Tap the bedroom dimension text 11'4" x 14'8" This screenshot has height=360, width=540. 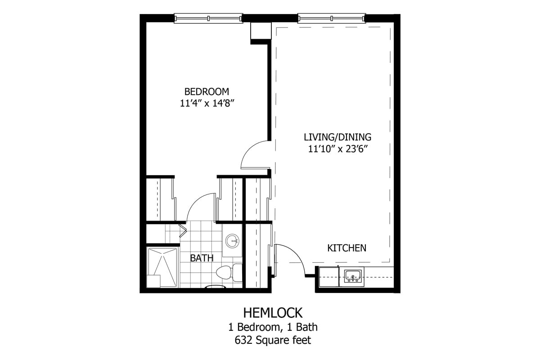[207, 103]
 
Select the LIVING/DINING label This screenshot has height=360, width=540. [337, 137]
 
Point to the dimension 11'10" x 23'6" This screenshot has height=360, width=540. [337, 148]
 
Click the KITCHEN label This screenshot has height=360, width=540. [346, 248]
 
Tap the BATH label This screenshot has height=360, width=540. [201, 258]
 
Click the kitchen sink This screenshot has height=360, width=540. [353, 276]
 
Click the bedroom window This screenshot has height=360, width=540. [208, 18]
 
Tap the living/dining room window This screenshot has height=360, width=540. [331, 18]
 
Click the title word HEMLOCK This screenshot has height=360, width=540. [273, 312]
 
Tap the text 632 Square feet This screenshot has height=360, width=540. [273, 340]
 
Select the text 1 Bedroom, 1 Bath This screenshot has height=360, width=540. [273, 327]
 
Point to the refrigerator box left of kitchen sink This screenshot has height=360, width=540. [328, 276]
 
